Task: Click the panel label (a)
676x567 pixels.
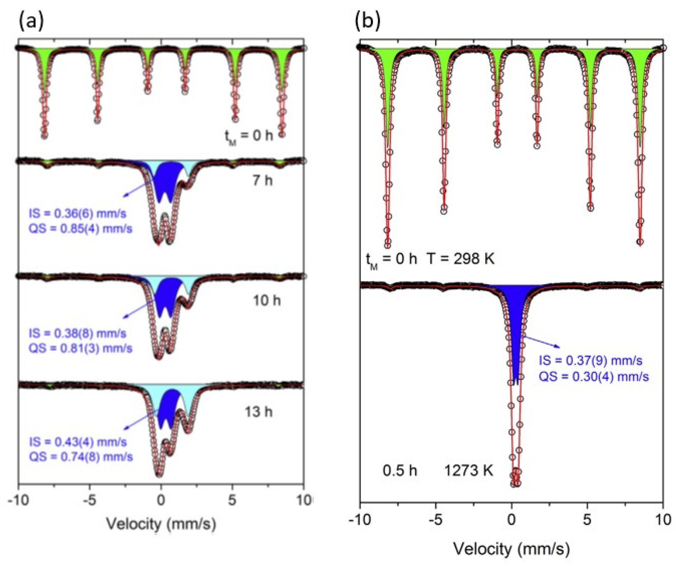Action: click(31, 21)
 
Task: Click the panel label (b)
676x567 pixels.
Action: click(367, 21)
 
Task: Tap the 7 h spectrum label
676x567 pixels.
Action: click(263, 180)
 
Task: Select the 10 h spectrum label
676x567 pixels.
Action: click(267, 301)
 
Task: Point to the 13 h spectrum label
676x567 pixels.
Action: click(258, 412)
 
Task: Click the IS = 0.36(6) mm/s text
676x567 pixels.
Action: click(78, 213)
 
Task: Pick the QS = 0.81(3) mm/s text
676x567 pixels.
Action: click(80, 348)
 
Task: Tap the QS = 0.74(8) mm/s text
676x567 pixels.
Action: click(81, 457)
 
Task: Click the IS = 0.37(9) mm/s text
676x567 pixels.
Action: click(590, 360)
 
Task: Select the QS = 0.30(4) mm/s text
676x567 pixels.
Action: click(594, 377)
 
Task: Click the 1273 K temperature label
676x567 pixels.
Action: click(468, 471)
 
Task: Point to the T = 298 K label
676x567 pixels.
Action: click(461, 259)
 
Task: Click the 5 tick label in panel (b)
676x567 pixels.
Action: click(587, 520)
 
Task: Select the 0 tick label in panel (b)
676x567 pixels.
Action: click(511, 520)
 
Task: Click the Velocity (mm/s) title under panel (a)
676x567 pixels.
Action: click(161, 524)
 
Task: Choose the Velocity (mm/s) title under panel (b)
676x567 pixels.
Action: click(511, 549)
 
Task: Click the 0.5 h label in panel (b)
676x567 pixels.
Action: click(400, 471)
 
